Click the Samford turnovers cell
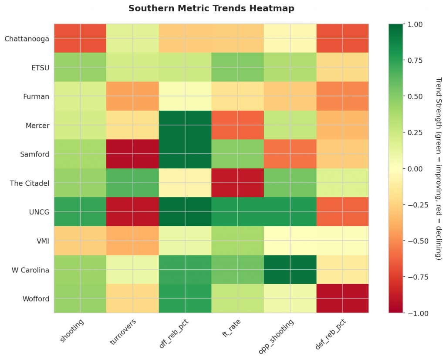point(133,154)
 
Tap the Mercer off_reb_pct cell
point(185,125)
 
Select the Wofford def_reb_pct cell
point(342,299)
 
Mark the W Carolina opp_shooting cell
point(290,270)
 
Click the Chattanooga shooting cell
point(80,38)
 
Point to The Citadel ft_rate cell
point(238,183)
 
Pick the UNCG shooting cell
point(80,212)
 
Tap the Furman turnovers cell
point(133,96)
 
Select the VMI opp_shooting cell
point(290,241)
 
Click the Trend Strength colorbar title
point(438,169)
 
